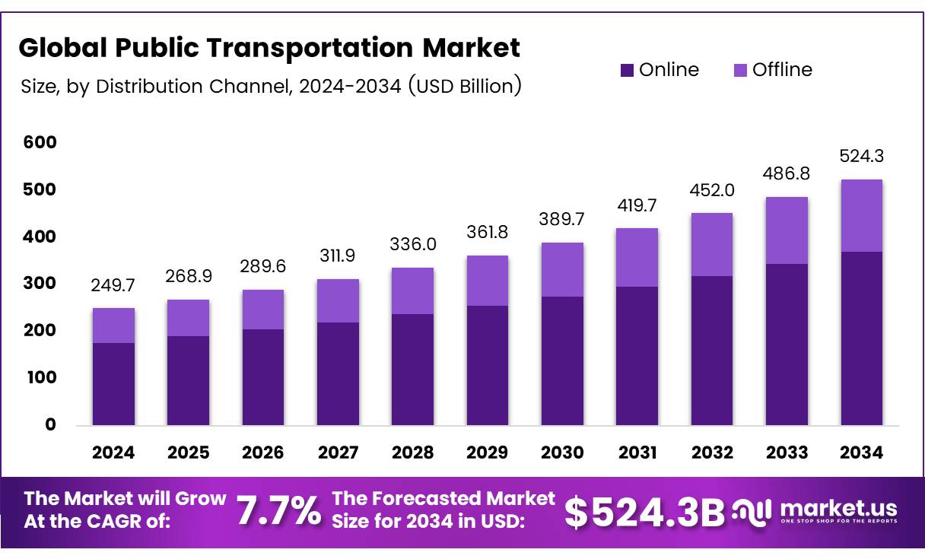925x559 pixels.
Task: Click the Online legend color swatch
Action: click(x=627, y=71)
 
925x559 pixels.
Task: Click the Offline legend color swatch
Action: click(x=740, y=71)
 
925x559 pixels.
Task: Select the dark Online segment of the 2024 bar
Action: click(x=113, y=384)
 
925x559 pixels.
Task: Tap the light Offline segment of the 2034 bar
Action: click(x=862, y=216)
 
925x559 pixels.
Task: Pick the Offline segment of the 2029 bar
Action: click(x=488, y=281)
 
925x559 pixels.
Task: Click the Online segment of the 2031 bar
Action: click(x=637, y=356)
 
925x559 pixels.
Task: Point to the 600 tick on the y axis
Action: click(x=40, y=142)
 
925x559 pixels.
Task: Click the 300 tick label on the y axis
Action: click(x=40, y=284)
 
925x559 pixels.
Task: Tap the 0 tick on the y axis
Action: click(x=50, y=424)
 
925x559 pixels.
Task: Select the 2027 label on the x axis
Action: click(x=338, y=453)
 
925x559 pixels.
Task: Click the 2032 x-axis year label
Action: click(x=712, y=453)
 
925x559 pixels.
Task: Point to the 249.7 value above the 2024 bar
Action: click(x=113, y=285)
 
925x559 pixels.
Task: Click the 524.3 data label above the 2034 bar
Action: click(x=862, y=156)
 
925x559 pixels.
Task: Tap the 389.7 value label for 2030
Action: click(x=562, y=219)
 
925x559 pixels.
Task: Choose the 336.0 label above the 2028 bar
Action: click(x=412, y=244)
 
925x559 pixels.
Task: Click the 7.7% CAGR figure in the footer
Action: click(x=278, y=511)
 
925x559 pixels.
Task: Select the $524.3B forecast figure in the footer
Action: click(x=644, y=513)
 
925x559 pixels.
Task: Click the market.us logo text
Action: click(x=838, y=507)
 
